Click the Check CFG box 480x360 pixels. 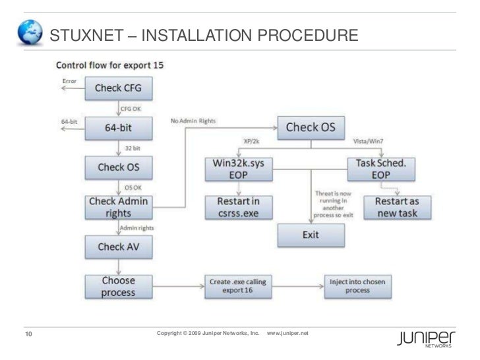click(118, 88)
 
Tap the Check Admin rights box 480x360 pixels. click(119, 207)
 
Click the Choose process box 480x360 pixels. click(119, 286)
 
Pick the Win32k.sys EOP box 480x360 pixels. click(237, 168)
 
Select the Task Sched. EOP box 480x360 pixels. click(381, 168)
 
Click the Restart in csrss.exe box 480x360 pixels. click(237, 206)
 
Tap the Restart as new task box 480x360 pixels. click(396, 206)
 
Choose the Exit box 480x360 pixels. click(310, 235)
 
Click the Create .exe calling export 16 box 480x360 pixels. click(237, 286)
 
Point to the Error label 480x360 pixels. click(69, 81)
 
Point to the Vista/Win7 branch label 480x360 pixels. click(369, 141)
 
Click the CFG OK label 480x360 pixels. click(130, 108)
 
